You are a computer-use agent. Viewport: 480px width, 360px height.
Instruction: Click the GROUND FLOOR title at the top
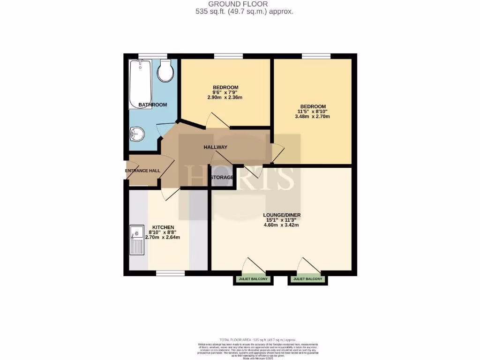tap(244, 4)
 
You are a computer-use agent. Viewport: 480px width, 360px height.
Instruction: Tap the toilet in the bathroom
tap(165, 71)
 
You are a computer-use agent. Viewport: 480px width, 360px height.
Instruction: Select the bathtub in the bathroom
tap(139, 83)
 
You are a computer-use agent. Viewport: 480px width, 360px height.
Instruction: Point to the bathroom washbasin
tap(137, 135)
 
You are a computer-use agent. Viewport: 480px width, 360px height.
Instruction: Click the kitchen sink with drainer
tap(137, 240)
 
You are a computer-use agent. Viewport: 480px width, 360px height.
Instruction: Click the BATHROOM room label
tap(152, 105)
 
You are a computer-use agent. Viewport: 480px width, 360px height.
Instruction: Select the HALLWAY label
tap(215, 147)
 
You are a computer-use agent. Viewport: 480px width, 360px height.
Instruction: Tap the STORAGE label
tap(222, 177)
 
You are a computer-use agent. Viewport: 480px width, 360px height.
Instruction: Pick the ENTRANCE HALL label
tap(142, 171)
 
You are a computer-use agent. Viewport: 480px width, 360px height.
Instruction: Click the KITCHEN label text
tap(163, 227)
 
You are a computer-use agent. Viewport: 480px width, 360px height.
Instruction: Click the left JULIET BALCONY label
tap(253, 279)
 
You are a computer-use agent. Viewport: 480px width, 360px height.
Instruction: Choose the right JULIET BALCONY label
tap(307, 279)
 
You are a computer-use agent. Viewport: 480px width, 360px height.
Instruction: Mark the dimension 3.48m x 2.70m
tap(312, 116)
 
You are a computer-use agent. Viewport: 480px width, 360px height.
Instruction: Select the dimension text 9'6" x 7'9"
tap(225, 92)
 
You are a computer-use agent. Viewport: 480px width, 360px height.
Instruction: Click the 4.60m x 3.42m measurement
tap(281, 225)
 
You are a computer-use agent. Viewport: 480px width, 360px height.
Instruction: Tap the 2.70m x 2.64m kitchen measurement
tap(163, 237)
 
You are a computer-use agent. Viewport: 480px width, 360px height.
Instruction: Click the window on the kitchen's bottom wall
tap(170, 273)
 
